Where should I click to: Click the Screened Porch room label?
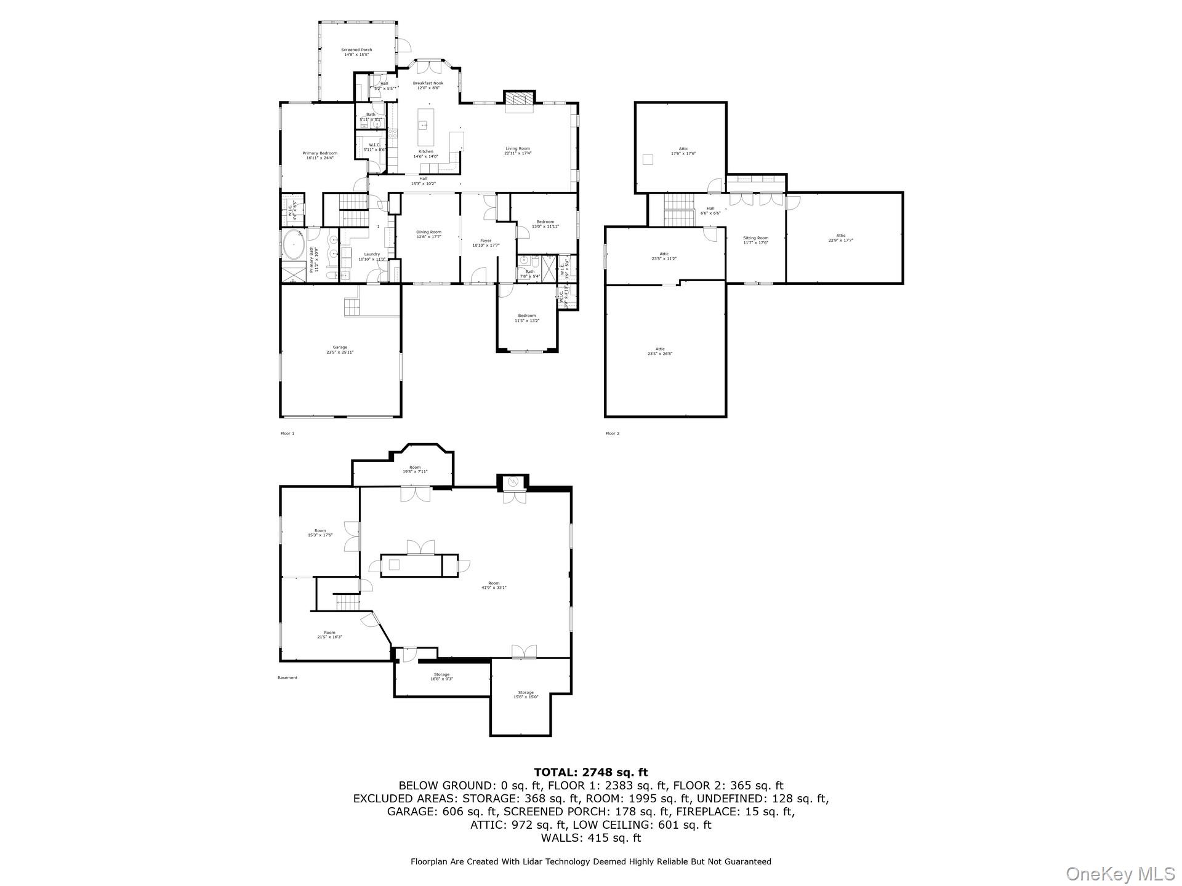356,52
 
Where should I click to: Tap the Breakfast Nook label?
428,86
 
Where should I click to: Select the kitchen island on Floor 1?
424,126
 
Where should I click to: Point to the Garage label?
340,349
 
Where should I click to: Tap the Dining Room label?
428,234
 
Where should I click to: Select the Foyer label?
486,243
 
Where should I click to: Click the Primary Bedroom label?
320,156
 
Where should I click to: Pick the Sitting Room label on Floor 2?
755,240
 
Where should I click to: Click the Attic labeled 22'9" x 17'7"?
840,238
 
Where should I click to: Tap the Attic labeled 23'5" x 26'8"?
660,351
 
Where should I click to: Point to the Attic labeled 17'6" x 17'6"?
683,151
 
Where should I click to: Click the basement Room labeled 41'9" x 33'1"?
494,585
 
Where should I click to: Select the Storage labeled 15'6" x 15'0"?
526,695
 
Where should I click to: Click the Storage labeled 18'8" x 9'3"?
441,677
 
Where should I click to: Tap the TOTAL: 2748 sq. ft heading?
590,772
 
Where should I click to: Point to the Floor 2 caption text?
612,434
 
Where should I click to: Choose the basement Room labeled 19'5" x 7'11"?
415,469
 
